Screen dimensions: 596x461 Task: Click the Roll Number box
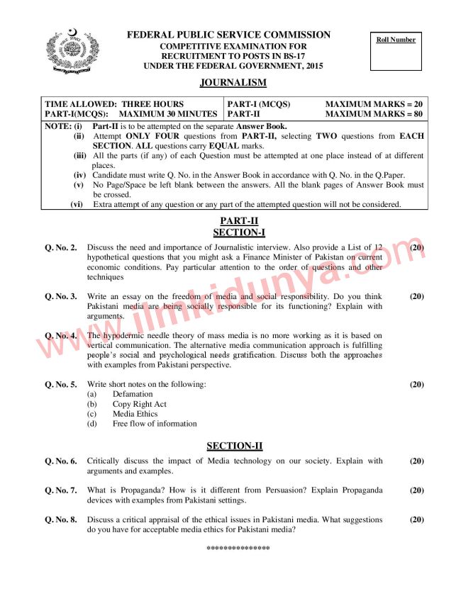click(x=396, y=51)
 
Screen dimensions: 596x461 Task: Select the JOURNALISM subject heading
click(x=233, y=83)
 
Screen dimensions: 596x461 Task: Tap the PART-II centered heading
click(x=234, y=221)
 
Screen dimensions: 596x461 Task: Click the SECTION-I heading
click(x=234, y=232)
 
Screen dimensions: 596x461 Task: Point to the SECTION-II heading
click(x=234, y=446)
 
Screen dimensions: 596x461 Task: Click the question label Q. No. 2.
click(x=61, y=247)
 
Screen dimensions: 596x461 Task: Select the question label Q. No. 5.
click(x=61, y=384)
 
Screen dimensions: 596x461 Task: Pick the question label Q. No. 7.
click(x=61, y=490)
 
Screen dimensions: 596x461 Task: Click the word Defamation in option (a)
click(x=133, y=394)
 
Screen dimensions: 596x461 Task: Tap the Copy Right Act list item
click(x=140, y=404)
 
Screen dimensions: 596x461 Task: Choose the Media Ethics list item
click(x=135, y=414)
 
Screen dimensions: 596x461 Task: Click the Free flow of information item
click(x=155, y=424)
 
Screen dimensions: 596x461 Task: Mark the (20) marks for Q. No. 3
click(x=417, y=296)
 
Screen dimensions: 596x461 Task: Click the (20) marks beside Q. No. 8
click(x=417, y=519)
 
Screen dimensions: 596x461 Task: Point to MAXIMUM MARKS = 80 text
click(x=374, y=113)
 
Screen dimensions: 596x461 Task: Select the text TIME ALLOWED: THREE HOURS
click(x=114, y=103)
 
